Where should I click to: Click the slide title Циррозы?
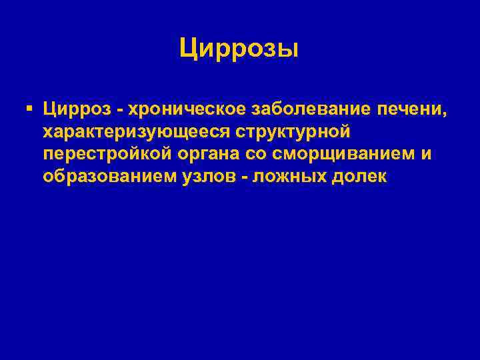(x=239, y=49)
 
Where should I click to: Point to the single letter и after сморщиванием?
(x=427, y=154)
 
